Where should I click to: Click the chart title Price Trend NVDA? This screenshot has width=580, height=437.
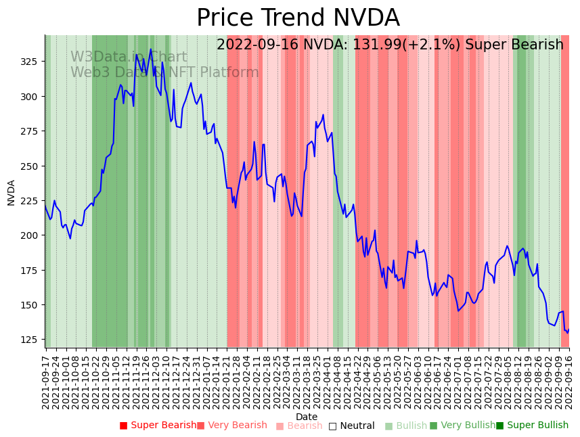pyautogui.click(x=298, y=18)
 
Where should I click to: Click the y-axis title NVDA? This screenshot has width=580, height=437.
pyautogui.click(x=11, y=192)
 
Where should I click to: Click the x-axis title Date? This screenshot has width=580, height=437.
pyautogui.click(x=306, y=417)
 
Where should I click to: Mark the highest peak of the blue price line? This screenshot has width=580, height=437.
pyautogui.click(x=151, y=49)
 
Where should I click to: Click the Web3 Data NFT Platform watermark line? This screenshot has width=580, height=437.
pyautogui.click(x=164, y=72)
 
